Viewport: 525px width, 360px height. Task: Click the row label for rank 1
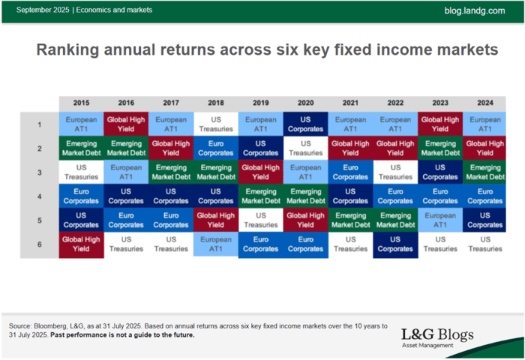[x=39, y=124]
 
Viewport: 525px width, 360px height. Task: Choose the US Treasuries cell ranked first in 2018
[x=216, y=124]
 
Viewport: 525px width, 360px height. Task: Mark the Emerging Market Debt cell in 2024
[x=484, y=172]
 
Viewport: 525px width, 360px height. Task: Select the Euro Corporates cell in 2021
[x=350, y=172]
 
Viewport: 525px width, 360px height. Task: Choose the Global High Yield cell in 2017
[x=171, y=148]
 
